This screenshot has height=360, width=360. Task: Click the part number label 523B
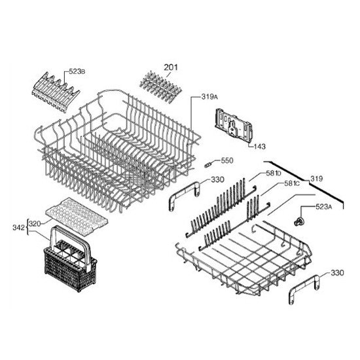pyautogui.click(x=77, y=71)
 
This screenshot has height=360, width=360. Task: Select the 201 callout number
pyautogui.click(x=171, y=67)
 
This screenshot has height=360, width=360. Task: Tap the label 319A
pyautogui.click(x=209, y=97)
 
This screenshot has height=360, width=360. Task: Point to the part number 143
pyautogui.click(x=260, y=146)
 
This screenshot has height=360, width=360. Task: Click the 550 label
pyautogui.click(x=227, y=160)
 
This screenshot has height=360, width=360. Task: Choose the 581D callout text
pyautogui.click(x=274, y=173)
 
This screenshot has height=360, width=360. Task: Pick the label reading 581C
pyautogui.click(x=292, y=183)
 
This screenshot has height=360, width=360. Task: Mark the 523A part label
pyautogui.click(x=324, y=207)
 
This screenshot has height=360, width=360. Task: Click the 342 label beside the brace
pyautogui.click(x=18, y=228)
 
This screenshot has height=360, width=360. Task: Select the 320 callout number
pyautogui.click(x=35, y=224)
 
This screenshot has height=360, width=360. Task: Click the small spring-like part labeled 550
pyautogui.click(x=207, y=165)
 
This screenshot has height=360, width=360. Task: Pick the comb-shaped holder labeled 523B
pyautogui.click(x=56, y=92)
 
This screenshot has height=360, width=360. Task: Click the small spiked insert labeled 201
pyautogui.click(x=160, y=87)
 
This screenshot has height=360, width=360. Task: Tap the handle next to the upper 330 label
pyautogui.click(x=184, y=196)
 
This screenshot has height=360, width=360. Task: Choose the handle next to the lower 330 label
pyautogui.click(x=304, y=289)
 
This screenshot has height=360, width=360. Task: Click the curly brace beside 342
pyautogui.click(x=27, y=227)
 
